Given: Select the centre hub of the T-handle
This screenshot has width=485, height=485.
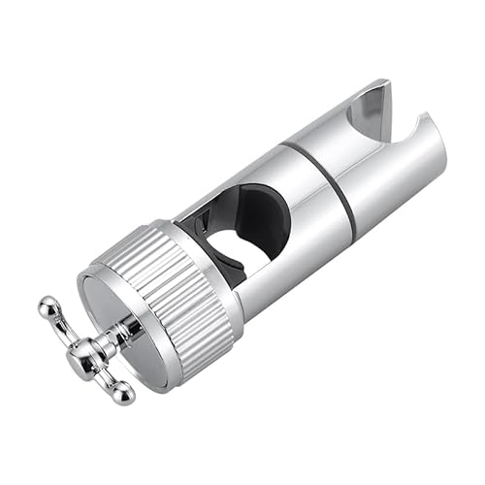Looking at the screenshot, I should [x=82, y=354].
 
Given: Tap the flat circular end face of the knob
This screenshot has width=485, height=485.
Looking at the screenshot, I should [x=131, y=325].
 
